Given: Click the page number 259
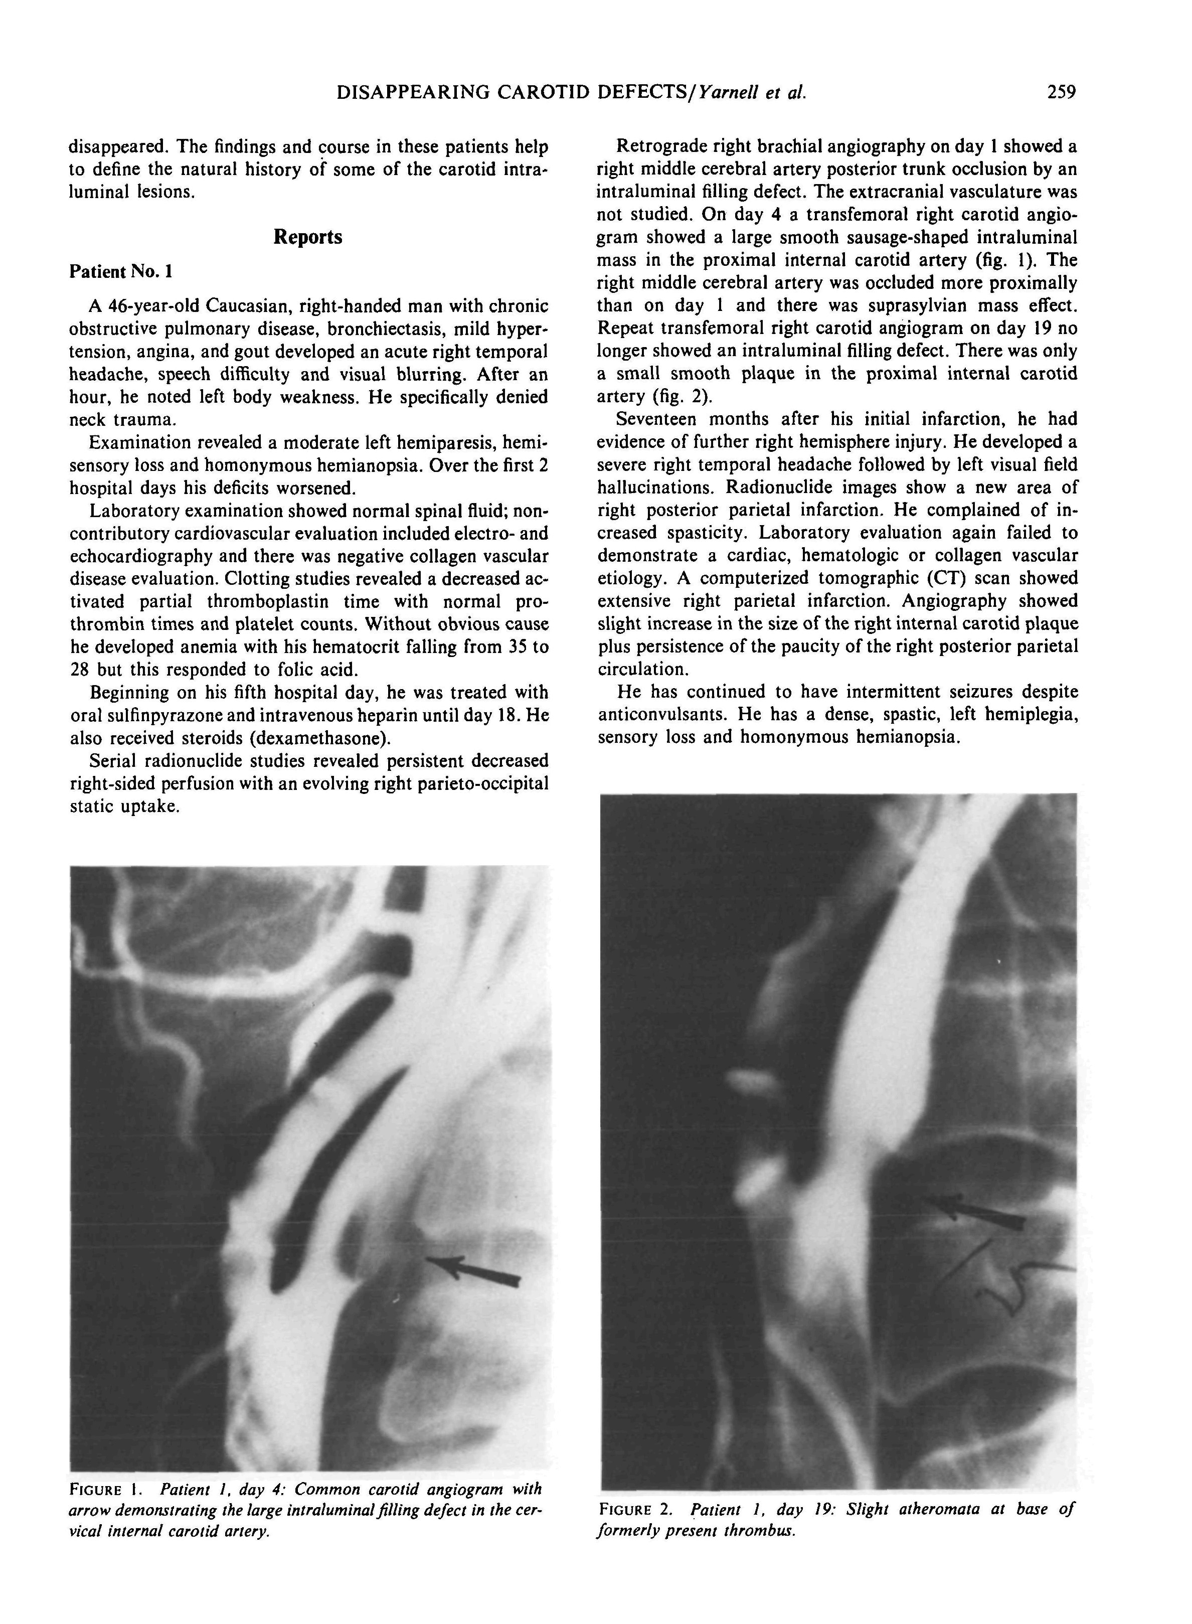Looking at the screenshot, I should click(x=1062, y=92).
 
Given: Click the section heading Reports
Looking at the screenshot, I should click(x=307, y=237).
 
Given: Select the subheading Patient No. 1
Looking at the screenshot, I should click(x=120, y=271).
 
